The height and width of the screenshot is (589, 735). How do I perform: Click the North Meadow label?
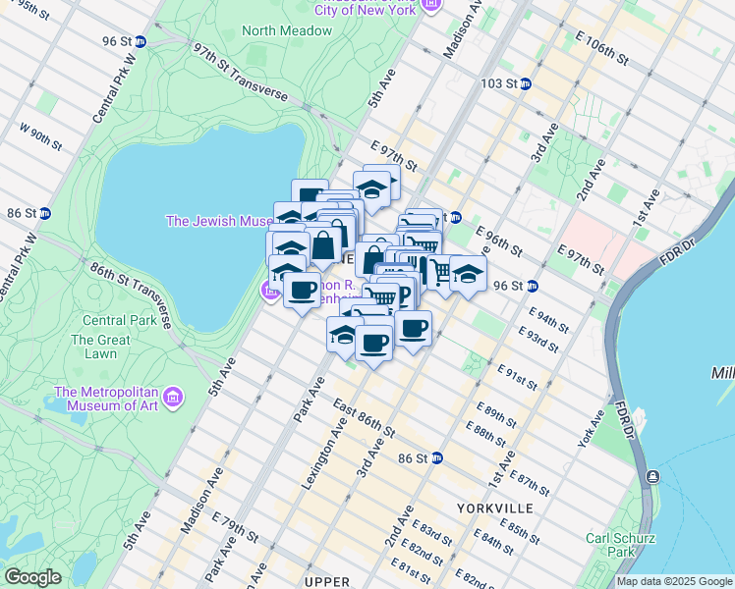pos(287,30)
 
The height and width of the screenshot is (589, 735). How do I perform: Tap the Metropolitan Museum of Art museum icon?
pos(173,397)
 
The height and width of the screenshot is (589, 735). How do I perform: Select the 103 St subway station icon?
pos(526,84)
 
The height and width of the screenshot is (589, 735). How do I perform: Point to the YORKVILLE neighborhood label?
pos(495,508)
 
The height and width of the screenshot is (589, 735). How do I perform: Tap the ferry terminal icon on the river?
pos(651,477)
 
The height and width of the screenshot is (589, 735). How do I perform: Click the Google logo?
pos(32,577)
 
